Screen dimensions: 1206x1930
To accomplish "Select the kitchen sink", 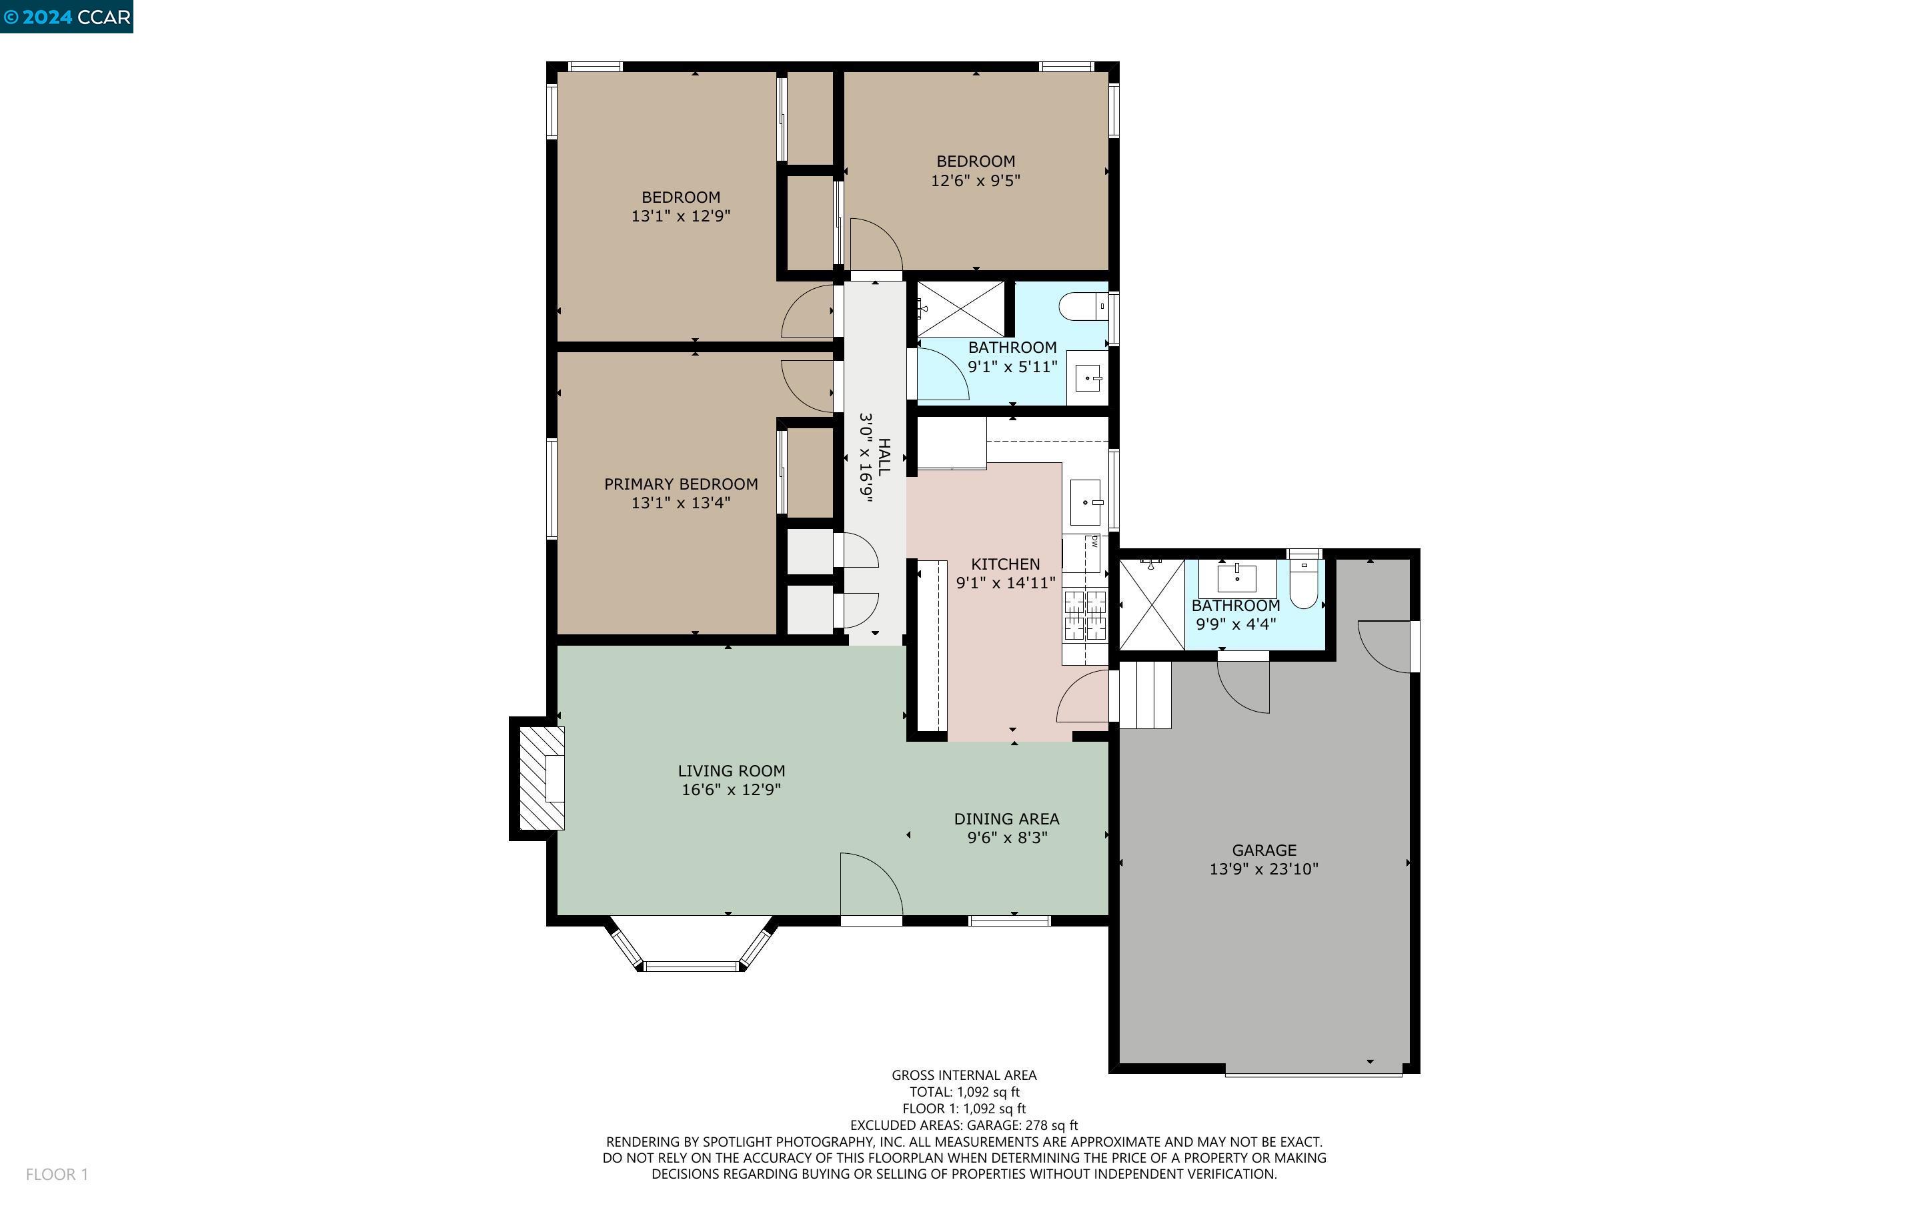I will coord(1085,502).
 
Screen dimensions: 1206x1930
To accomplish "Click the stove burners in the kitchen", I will coord(1086,615).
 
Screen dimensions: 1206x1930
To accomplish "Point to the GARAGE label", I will coord(1264,850).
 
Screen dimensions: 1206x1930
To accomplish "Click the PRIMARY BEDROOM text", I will coord(680,484).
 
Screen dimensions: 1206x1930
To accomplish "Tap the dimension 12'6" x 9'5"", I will coord(975,181).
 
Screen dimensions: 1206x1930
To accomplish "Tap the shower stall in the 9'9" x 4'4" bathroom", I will coord(1152,604).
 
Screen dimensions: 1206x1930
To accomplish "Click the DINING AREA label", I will coord(1006,819).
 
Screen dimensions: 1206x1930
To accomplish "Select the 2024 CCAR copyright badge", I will coord(67,17).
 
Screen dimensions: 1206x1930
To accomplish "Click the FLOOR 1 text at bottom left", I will coord(57,1174).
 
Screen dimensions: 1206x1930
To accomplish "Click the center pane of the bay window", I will coord(691,966).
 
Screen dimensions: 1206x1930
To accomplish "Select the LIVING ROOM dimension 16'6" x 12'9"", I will coord(730,790).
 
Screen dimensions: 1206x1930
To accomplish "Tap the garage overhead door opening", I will coord(1313,1073).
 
